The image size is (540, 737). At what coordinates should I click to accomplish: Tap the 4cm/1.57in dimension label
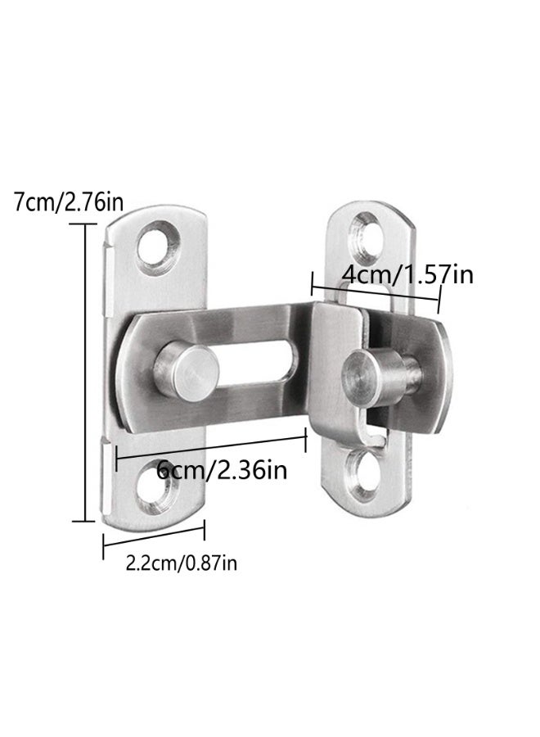pos(407,274)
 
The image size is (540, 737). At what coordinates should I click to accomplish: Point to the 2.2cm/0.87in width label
pos(182,563)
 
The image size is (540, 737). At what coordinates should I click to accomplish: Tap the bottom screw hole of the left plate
pos(158,489)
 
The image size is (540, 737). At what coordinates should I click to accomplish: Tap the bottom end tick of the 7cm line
pos(84,520)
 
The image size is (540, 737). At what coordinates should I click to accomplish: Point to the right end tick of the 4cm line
pos(439,304)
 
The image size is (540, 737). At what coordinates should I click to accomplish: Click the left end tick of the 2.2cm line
pos(103,546)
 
